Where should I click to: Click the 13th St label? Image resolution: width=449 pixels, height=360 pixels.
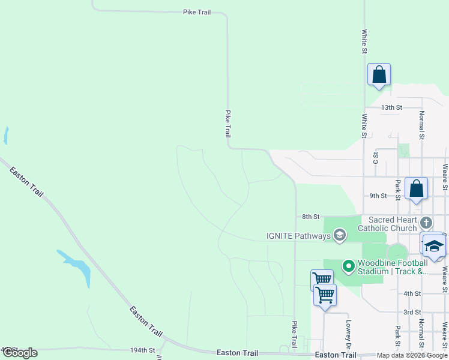click(x=391, y=107)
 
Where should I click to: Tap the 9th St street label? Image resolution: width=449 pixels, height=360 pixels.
click(x=378, y=196)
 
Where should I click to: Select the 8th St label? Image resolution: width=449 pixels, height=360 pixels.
click(x=310, y=217)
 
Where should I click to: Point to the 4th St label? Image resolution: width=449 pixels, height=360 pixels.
click(x=412, y=293)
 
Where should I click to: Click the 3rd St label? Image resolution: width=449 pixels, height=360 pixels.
click(x=412, y=313)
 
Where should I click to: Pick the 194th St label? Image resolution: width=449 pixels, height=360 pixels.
click(x=142, y=350)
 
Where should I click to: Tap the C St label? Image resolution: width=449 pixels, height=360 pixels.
click(x=376, y=157)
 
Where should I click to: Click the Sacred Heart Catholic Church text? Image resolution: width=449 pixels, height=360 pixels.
click(x=387, y=224)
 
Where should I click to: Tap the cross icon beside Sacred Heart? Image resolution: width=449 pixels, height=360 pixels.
click(x=426, y=223)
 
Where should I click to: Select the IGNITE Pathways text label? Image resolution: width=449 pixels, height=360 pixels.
click(x=298, y=236)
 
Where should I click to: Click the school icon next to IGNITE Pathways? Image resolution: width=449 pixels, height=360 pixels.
click(x=340, y=235)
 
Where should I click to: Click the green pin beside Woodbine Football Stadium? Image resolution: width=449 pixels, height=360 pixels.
click(x=348, y=265)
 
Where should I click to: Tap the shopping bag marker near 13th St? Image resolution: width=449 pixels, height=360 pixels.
click(x=379, y=75)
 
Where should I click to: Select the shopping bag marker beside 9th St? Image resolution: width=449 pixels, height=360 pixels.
click(x=417, y=189)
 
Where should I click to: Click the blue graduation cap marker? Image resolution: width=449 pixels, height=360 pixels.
click(x=434, y=246)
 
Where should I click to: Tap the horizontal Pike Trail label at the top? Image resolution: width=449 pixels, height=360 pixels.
click(x=196, y=11)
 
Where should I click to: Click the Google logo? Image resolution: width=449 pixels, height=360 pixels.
click(x=20, y=353)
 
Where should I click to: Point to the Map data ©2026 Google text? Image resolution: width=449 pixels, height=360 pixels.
click(x=412, y=355)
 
